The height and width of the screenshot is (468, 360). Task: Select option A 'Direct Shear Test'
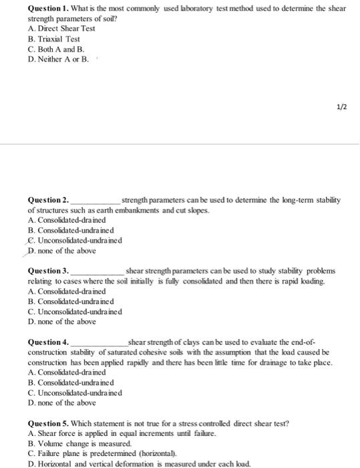(61, 29)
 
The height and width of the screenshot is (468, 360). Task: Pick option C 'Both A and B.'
(56, 49)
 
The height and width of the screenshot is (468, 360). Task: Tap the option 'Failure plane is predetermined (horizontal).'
(103, 452)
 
